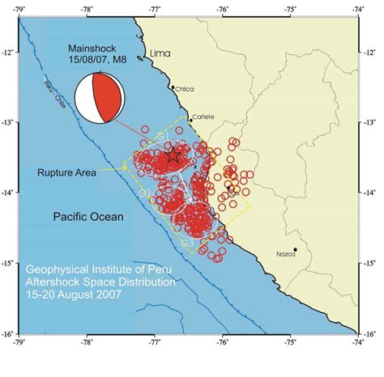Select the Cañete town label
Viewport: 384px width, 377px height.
203,117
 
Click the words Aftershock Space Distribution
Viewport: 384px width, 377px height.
100,282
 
